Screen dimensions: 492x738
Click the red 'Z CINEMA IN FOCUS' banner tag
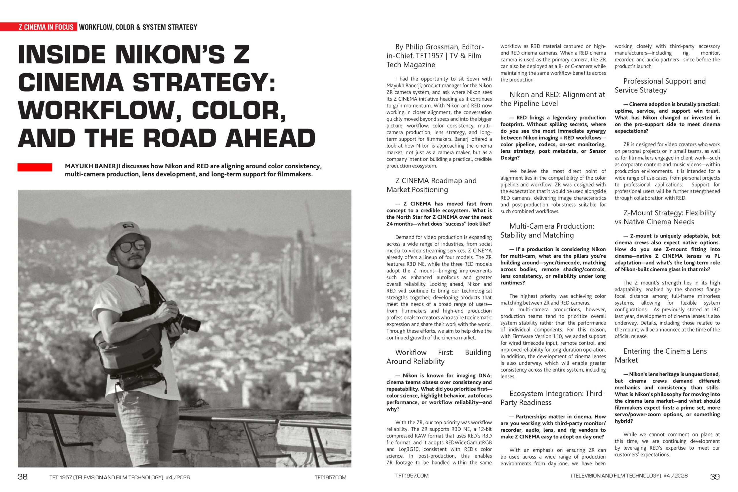pos(46,27)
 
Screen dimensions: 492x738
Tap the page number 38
pos(22,477)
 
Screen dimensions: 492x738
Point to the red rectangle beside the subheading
pos(35,167)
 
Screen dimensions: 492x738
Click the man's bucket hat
pos(132,233)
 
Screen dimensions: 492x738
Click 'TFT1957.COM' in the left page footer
pos(330,478)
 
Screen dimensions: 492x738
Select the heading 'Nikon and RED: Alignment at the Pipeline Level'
pos(552,99)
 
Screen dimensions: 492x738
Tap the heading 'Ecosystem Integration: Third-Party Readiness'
pos(552,398)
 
